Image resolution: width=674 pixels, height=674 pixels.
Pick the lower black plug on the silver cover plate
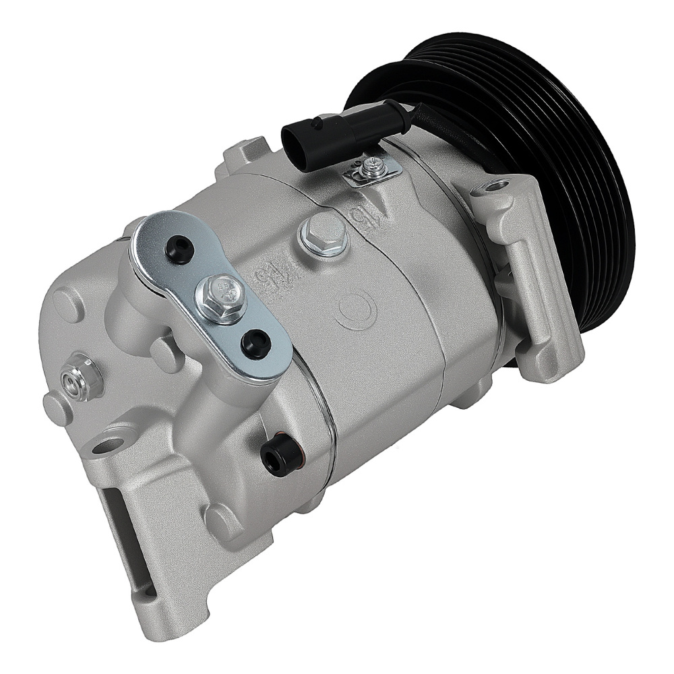point(257,342)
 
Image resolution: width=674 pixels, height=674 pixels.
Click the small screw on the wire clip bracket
point(369,164)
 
